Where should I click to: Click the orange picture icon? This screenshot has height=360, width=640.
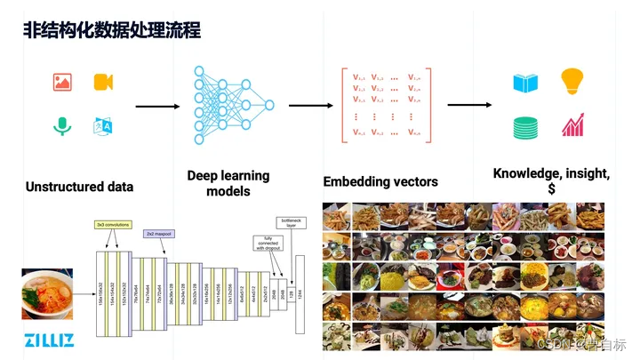point(61,83)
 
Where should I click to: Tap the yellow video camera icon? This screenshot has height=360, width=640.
point(104,83)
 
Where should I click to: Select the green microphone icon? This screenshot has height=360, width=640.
point(61,127)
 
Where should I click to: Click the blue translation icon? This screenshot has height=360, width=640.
point(104,127)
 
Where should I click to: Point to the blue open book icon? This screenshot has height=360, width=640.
point(524,84)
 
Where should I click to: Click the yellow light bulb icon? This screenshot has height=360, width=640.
point(572,82)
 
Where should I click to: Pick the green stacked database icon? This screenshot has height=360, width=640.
point(524,127)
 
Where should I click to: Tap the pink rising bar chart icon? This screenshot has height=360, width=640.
point(572,125)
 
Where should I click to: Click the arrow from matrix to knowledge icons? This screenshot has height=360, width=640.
point(469,105)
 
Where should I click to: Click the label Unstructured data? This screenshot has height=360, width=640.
point(79,187)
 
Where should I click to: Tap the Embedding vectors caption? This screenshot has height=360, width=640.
point(380,181)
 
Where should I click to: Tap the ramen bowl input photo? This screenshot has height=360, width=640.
point(46,294)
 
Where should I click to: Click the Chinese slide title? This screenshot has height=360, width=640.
point(111,30)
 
